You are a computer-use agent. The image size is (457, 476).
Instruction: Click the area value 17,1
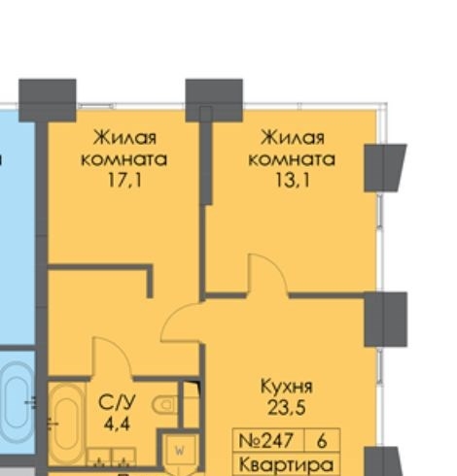click(124, 180)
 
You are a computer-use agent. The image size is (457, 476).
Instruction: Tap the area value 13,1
click(293, 180)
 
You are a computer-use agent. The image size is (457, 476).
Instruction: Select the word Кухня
click(287, 387)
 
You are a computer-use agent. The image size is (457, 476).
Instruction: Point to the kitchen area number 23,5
click(287, 407)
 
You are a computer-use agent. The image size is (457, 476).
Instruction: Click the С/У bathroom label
click(117, 402)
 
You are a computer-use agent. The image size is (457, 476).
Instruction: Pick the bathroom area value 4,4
click(118, 424)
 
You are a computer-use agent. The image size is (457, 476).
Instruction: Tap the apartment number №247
click(265, 440)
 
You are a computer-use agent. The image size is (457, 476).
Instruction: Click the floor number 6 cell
click(322, 440)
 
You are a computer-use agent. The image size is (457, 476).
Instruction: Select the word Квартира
click(286, 465)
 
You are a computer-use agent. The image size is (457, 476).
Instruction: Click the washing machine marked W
click(179, 450)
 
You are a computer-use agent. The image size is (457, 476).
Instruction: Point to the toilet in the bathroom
click(165, 404)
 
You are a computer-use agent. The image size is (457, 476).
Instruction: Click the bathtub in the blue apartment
click(18, 401)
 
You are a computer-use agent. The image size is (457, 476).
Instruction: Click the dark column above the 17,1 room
click(48, 100)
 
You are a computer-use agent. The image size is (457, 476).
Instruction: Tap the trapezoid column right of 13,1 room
click(385, 168)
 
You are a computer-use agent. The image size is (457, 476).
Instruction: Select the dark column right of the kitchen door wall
click(386, 320)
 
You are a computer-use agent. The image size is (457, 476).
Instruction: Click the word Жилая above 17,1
click(124, 138)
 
